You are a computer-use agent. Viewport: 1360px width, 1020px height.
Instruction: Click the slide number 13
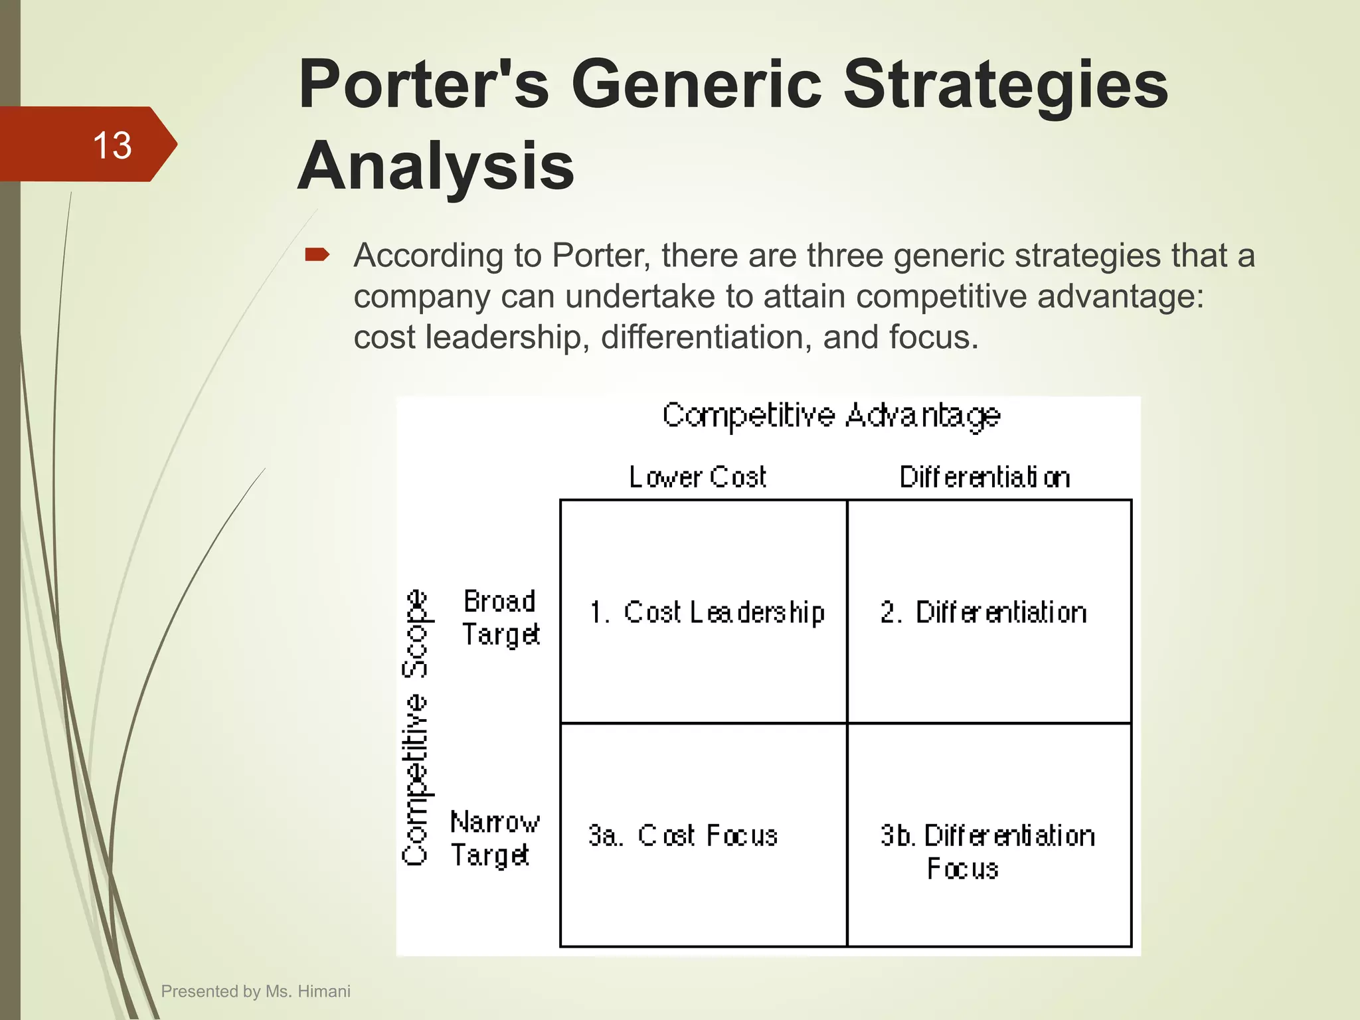tap(112, 145)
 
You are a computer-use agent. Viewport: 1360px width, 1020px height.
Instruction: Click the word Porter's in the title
tap(424, 84)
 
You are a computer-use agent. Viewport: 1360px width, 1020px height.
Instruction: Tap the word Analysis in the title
tap(436, 166)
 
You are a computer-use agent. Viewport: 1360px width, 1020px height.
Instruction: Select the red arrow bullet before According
tap(317, 255)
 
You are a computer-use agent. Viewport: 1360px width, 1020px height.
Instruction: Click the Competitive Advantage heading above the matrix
tap(831, 416)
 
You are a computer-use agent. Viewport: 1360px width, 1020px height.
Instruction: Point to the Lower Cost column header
tap(697, 477)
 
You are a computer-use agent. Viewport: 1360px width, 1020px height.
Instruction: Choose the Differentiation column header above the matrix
tap(985, 477)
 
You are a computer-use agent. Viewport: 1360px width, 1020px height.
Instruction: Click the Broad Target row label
tap(501, 618)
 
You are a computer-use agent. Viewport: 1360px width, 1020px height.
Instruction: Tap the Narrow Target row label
tap(494, 838)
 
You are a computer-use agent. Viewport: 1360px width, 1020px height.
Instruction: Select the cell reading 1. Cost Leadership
tap(708, 612)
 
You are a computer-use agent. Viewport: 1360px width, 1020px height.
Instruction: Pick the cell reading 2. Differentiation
tap(984, 612)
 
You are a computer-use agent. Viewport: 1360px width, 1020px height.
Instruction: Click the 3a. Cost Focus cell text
tap(683, 835)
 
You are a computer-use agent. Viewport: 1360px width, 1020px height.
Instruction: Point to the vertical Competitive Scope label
tap(416, 727)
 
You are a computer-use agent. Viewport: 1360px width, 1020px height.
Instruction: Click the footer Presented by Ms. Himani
tap(256, 991)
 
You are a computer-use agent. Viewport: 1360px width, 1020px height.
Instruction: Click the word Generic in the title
tap(697, 84)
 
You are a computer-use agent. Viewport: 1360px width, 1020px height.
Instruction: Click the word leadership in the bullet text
tap(507, 337)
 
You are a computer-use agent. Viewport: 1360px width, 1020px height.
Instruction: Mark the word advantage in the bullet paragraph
tap(1120, 296)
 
